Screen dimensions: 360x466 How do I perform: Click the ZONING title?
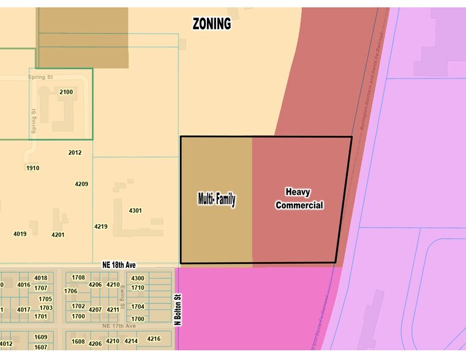[x=212, y=24]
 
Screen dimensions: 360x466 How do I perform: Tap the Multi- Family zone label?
[x=216, y=199]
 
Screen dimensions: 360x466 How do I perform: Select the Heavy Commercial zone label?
[x=299, y=199]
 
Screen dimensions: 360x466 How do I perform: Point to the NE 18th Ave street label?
[x=119, y=265]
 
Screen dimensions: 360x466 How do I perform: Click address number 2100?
[x=66, y=92]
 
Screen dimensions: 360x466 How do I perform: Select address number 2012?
[x=75, y=152]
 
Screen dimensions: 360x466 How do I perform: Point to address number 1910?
[x=33, y=168]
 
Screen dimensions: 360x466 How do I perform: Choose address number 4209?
[x=81, y=184]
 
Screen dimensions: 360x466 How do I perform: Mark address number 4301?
[x=135, y=211]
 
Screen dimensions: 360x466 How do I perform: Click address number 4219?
[x=101, y=227]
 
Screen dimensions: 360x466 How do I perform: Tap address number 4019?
[x=20, y=234]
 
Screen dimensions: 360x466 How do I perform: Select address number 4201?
[x=58, y=234]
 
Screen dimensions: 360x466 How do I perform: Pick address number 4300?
[x=138, y=279]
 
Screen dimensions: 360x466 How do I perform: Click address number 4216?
[x=154, y=339]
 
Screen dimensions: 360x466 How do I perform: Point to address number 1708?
[x=78, y=277]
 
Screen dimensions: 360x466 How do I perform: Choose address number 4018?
[x=41, y=278]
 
